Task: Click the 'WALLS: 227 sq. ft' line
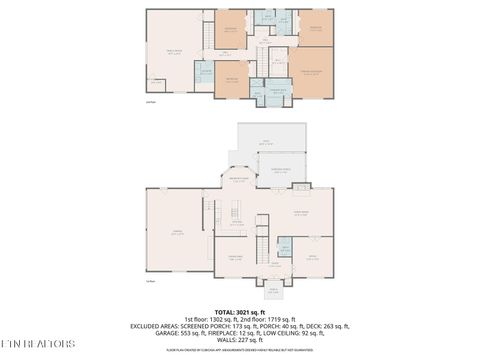click(x=240, y=342)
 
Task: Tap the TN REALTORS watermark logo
click(x=38, y=345)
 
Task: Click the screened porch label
click(x=282, y=170)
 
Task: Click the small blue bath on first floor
click(x=284, y=248)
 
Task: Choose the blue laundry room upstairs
click(x=204, y=71)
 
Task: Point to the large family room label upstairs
click(x=174, y=53)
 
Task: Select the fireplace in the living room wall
click(x=300, y=187)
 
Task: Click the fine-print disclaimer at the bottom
click(x=240, y=352)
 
